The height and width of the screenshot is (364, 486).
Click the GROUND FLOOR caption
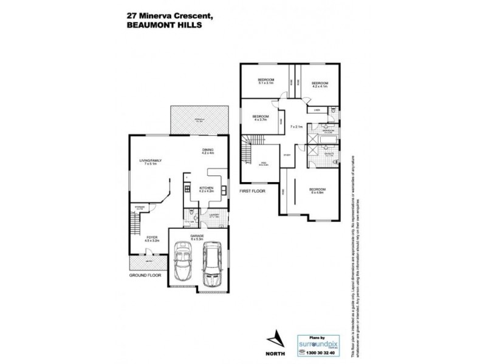click(145, 275)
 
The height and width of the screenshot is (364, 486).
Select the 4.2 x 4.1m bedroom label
click(320, 84)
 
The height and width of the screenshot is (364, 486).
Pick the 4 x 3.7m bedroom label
click(261, 117)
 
